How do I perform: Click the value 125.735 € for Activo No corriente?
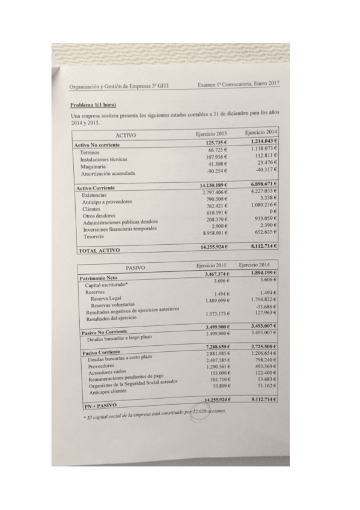pos(216,143)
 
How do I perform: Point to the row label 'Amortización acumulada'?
pos(107,174)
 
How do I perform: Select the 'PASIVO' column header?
pos(136,268)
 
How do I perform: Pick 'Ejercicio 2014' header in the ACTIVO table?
pos(261,132)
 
